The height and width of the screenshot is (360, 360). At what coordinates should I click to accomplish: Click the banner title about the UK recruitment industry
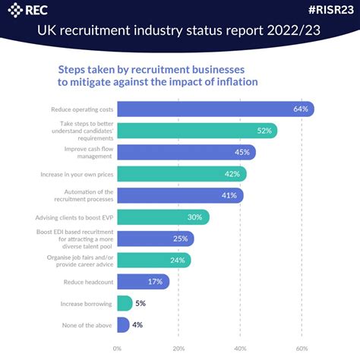point(180,32)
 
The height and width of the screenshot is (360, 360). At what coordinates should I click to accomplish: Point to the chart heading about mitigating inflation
point(158,75)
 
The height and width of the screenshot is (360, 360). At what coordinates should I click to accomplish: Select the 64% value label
point(301,109)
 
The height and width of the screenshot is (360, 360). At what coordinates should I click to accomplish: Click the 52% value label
point(264,131)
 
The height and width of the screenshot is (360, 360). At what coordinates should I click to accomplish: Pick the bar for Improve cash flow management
point(186,153)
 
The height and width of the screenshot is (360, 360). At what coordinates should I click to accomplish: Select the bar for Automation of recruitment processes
point(180,196)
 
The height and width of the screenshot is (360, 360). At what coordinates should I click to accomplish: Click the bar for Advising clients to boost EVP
point(163,217)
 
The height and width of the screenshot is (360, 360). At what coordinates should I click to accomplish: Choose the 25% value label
point(181,238)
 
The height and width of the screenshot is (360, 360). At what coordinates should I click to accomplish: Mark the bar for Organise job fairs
point(153,261)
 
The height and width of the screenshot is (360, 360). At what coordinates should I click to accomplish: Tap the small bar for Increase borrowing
point(124,304)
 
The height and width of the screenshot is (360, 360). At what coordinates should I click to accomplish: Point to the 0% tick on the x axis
point(117,349)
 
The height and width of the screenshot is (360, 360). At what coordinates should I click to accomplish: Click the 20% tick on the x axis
point(178,349)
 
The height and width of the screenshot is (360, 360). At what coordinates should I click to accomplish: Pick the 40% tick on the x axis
point(240,349)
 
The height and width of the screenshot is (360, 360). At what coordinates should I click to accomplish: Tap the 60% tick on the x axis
point(302,349)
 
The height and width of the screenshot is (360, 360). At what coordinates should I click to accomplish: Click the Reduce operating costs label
point(82,109)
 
